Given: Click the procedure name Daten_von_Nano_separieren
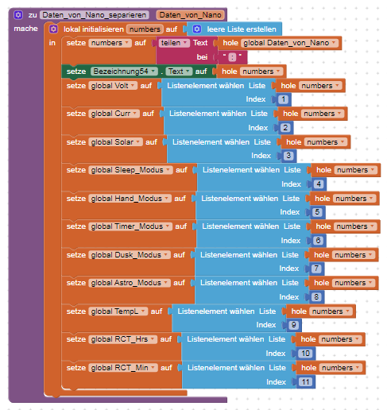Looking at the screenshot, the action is [x=95, y=15].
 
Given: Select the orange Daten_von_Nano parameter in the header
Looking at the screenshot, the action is [x=190, y=15].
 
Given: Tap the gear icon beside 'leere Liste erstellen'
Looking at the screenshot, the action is [x=197, y=29].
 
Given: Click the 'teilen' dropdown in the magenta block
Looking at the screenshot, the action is [x=174, y=43].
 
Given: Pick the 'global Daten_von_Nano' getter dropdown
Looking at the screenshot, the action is [x=290, y=43].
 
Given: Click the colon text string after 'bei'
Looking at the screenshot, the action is [x=232, y=57].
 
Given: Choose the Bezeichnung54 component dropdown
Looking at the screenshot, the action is [x=124, y=72].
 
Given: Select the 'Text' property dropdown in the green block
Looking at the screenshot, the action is [x=179, y=72].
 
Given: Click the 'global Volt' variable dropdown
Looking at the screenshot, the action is [x=113, y=86].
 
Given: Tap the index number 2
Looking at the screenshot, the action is [x=285, y=128].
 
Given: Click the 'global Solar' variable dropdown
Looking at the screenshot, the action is [x=115, y=142].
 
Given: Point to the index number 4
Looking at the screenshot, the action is [x=319, y=184].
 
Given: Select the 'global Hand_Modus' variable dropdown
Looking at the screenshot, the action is [x=130, y=199].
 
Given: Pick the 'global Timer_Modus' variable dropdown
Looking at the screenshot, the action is [x=130, y=226].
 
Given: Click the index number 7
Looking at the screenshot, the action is [x=316, y=269].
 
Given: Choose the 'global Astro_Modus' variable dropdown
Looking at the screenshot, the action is [x=130, y=283].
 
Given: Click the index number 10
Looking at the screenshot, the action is [x=305, y=354].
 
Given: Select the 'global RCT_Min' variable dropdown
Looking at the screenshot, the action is [x=123, y=368].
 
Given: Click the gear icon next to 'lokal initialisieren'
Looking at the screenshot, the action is [x=53, y=29].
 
